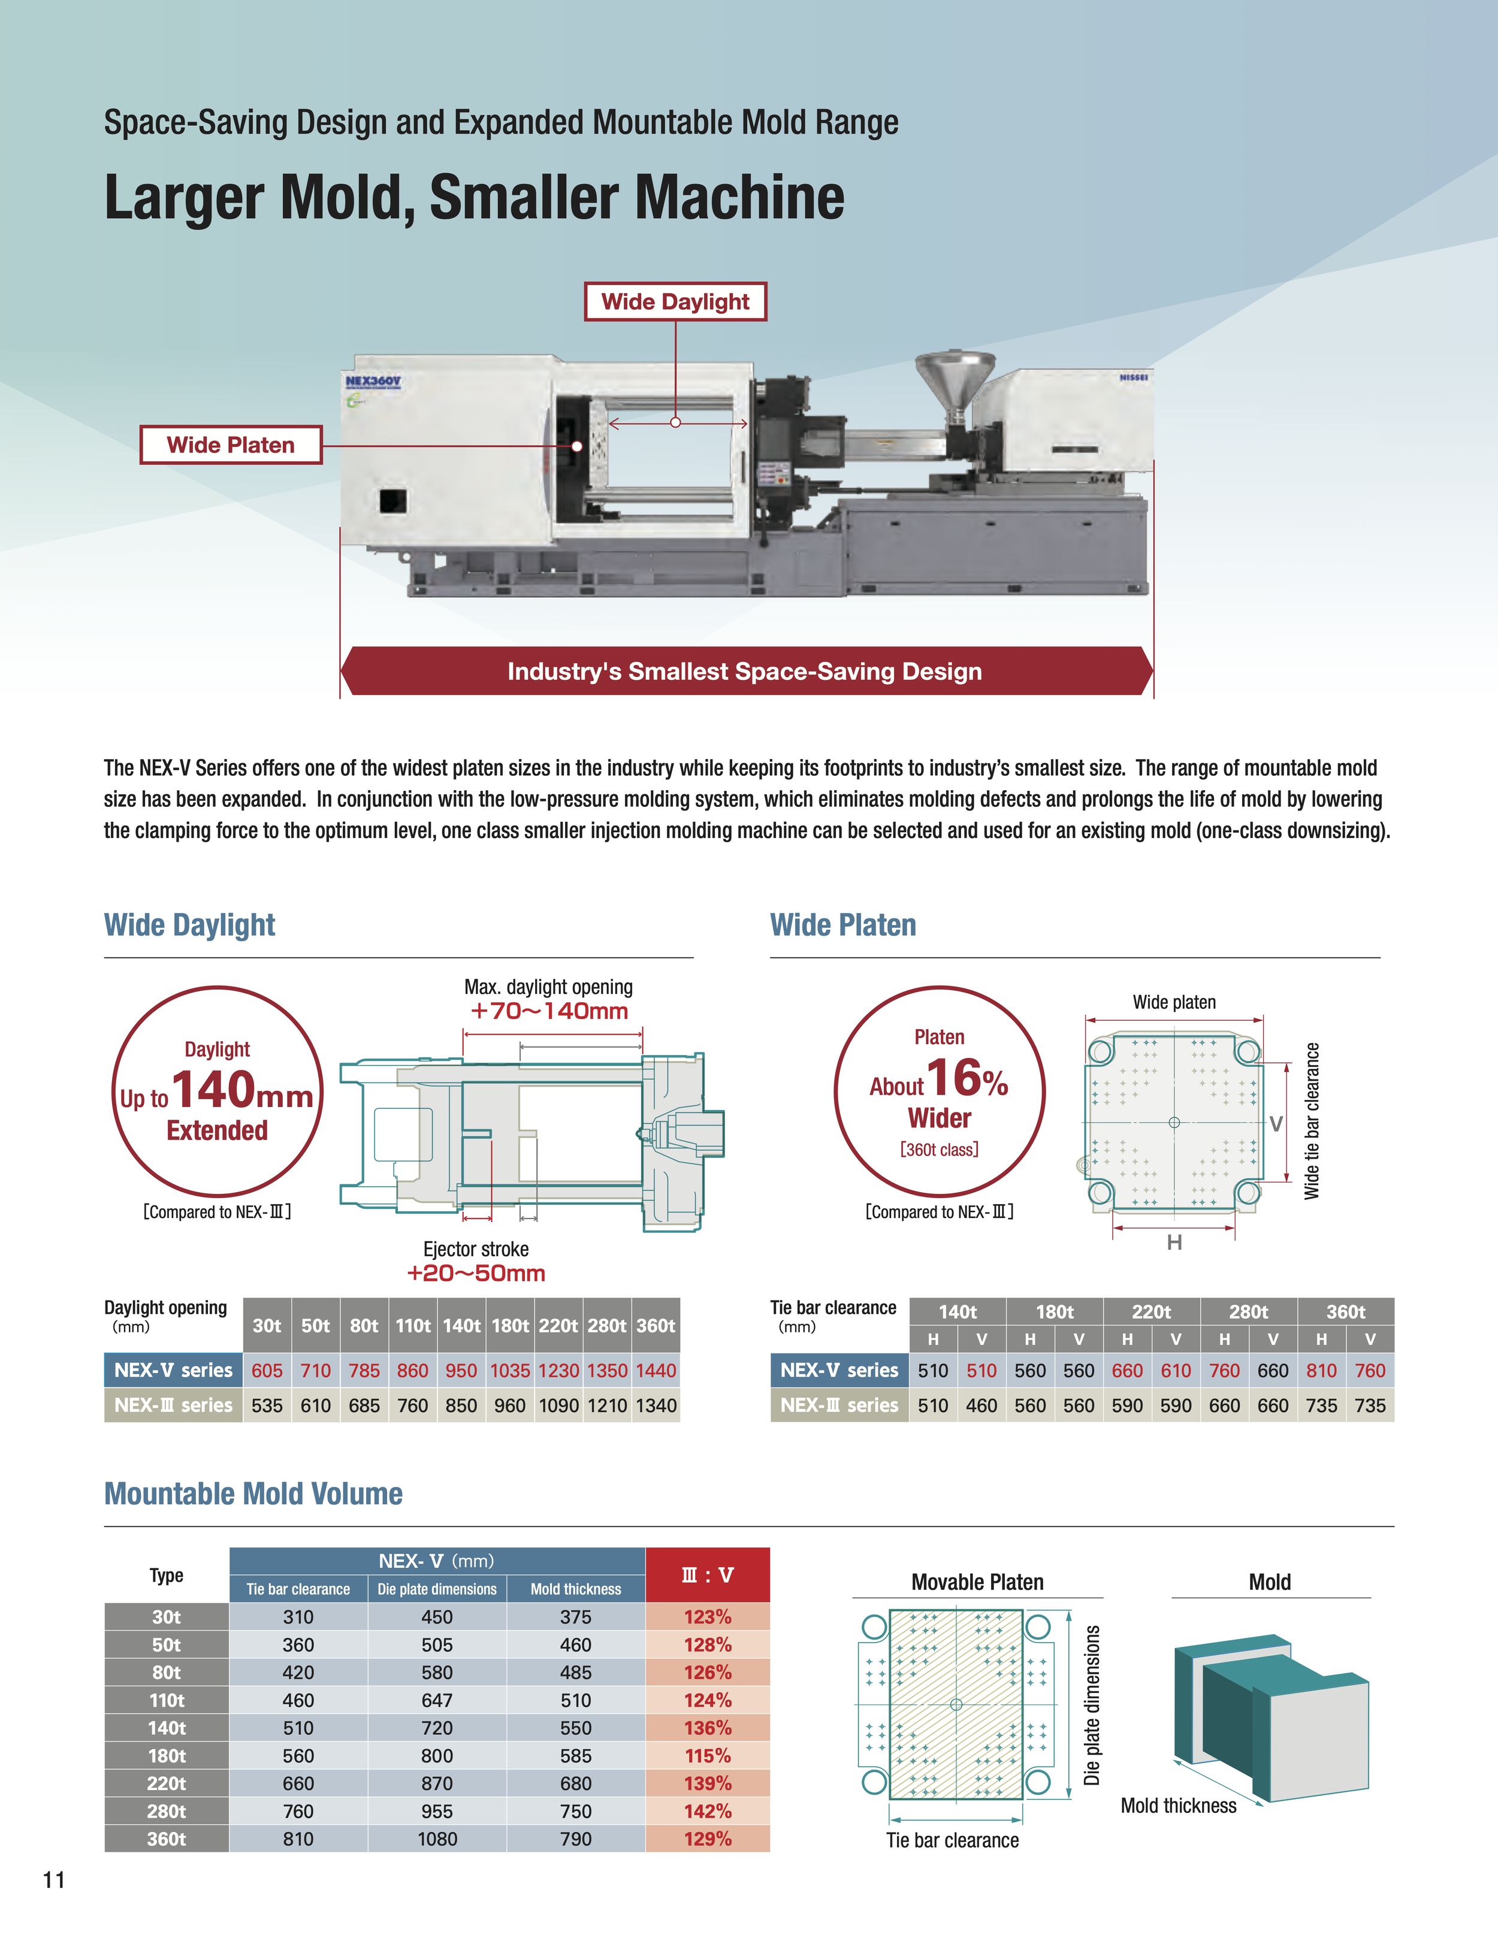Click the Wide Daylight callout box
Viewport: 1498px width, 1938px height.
coord(675,302)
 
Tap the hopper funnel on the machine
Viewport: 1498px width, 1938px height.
coord(955,378)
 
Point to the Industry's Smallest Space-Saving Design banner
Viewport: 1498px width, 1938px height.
coord(745,671)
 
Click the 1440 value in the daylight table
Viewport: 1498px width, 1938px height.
coord(656,1370)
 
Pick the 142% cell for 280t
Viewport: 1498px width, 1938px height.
coord(707,1811)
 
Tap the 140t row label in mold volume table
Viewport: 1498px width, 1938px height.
coord(167,1728)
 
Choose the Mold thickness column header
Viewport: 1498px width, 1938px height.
coord(575,1589)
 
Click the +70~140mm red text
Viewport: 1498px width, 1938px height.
coord(549,1011)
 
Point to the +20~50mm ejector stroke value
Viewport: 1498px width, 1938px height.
coord(476,1274)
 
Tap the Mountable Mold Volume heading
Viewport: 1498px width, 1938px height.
coord(254,1493)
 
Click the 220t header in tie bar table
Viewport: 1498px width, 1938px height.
coord(1151,1311)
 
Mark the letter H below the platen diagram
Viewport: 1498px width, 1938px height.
coord(1174,1242)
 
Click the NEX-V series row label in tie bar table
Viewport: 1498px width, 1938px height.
coord(839,1370)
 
